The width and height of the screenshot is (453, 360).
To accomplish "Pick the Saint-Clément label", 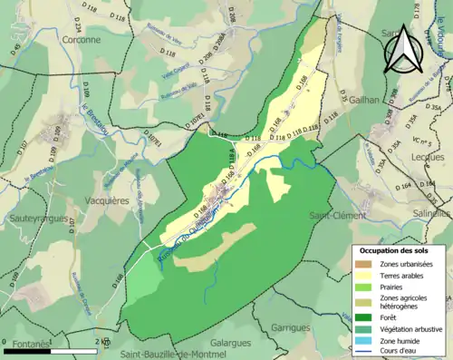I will (337, 216).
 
